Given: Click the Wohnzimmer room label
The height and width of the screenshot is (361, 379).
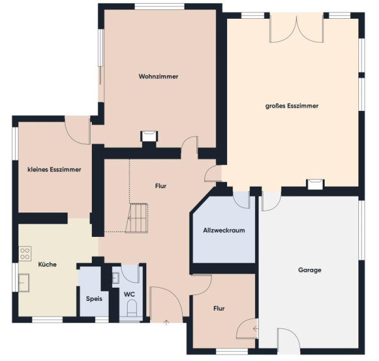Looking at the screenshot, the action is click(x=158, y=76).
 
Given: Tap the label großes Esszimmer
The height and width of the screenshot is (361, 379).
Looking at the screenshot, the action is click(x=291, y=106).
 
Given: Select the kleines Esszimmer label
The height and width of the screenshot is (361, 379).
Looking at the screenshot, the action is click(x=54, y=169).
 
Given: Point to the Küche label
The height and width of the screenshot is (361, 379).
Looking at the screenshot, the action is click(x=48, y=264).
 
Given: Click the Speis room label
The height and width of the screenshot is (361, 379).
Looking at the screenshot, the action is click(x=94, y=299).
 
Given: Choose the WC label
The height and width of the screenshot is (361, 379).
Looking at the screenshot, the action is click(x=129, y=295).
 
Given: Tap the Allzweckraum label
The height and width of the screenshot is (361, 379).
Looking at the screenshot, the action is click(x=224, y=230).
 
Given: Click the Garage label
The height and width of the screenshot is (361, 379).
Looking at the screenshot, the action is click(x=310, y=270).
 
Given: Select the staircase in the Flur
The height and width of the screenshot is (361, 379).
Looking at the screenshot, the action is click(x=137, y=218).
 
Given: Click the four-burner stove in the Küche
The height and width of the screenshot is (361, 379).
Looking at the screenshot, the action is click(x=25, y=254).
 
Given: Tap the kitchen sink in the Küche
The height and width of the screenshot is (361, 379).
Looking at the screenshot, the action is click(x=24, y=283).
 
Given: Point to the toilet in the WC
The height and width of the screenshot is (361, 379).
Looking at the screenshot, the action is click(x=132, y=308).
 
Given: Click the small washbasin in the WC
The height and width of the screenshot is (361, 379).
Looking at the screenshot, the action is click(x=116, y=278).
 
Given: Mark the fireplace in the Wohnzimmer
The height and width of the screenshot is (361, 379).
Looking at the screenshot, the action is click(x=149, y=136).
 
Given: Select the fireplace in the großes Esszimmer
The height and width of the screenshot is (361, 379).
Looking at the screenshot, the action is click(x=315, y=184).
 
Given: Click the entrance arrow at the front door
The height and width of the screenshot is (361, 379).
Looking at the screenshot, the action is click(x=166, y=323).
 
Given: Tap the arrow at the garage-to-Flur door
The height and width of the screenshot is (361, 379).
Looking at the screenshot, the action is click(x=256, y=329).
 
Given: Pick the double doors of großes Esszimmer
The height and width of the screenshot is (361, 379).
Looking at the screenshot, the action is click(x=296, y=28).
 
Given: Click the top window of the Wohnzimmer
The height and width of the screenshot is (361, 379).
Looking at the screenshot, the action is click(x=159, y=6).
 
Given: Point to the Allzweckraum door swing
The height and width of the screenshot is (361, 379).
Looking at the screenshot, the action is click(x=241, y=200).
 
